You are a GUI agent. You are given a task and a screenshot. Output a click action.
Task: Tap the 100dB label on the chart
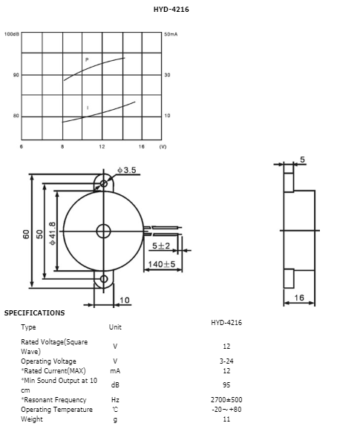click(12, 35)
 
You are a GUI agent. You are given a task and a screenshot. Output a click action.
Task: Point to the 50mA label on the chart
click(171, 35)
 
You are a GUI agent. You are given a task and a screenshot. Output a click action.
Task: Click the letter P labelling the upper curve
click(87, 59)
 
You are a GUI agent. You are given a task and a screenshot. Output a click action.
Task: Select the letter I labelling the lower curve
click(88, 108)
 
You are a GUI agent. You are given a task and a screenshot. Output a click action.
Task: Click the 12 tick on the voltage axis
click(102, 146)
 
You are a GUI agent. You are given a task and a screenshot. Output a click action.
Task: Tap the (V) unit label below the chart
click(163, 146)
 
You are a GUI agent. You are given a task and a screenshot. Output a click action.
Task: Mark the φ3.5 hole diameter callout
click(127, 171)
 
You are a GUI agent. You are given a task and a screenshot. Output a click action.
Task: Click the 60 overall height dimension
click(27, 233)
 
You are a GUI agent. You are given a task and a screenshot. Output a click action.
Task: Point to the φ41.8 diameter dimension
click(53, 235)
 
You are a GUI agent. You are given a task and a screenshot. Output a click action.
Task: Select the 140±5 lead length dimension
click(161, 264)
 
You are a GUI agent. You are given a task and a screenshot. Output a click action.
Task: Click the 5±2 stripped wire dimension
click(162, 246)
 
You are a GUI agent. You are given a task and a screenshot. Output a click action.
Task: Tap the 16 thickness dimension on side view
click(300, 298)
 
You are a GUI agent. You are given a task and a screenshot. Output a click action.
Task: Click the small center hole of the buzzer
click(101, 230)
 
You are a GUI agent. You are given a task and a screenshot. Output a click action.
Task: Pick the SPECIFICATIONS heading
click(34, 313)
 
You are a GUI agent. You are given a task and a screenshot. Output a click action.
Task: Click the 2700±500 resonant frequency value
click(226, 400)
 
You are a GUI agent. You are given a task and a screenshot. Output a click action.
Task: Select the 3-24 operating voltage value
click(226, 361)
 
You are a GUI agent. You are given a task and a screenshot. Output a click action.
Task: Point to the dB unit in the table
click(114, 384)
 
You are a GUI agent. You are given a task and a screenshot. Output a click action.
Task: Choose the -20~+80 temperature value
click(226, 410)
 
